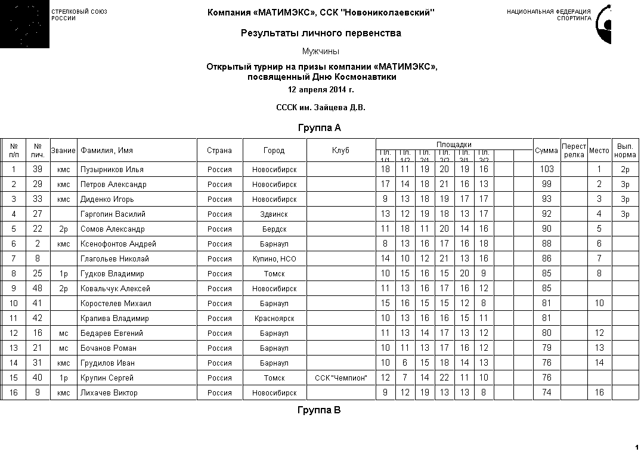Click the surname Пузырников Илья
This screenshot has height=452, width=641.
coord(112,170)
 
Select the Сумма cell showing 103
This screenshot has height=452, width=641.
coord(546,169)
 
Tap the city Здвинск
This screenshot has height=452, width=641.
coord(274,214)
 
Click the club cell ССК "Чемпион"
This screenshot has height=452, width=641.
coord(341,378)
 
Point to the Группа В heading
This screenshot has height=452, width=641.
coord(319,410)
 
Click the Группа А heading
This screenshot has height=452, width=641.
coord(319,127)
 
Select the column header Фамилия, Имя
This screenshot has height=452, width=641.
coord(107,151)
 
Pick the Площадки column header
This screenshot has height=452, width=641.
coord(454,144)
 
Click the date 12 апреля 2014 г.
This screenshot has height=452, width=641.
coord(321,90)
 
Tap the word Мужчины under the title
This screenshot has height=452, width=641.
coord(321,51)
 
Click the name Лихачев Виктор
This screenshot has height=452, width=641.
coord(109,393)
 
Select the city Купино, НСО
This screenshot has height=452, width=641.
coord(274,259)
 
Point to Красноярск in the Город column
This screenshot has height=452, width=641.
coord(274,319)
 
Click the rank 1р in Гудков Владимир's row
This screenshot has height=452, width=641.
coord(63,274)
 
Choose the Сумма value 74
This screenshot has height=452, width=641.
coord(546,393)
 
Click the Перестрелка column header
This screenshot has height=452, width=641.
coord(574,150)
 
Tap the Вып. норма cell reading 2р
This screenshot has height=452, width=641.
coord(625,170)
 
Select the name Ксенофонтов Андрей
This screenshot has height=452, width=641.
coord(118,244)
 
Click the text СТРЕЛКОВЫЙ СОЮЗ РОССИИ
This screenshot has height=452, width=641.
coord(79,15)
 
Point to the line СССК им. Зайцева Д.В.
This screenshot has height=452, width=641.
coord(321,108)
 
